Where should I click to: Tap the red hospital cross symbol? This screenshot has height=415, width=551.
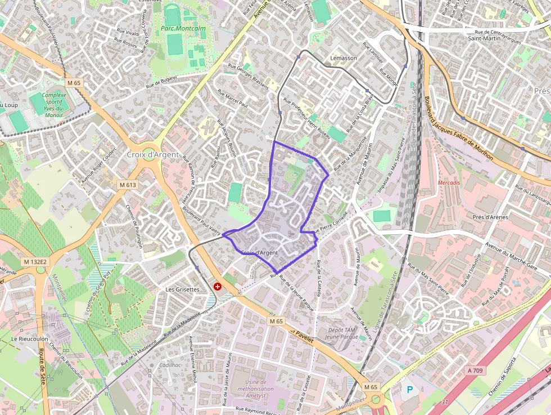click(217, 287)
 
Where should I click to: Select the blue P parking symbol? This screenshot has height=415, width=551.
click(409, 390)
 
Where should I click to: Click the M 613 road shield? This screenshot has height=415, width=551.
click(128, 185)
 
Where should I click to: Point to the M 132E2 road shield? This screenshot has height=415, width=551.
click(36, 262)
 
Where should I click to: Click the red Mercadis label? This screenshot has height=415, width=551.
click(449, 183)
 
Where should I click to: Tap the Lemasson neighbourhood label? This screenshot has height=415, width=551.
click(344, 58)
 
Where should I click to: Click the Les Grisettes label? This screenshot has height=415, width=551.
click(182, 289)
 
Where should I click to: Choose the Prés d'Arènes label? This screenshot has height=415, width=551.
click(490, 217)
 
